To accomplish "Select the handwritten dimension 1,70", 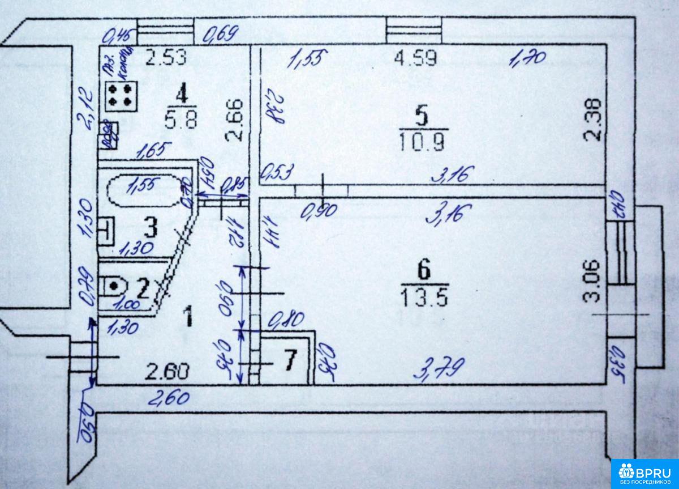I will tap(529, 58).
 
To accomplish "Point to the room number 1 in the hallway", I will tap(190, 316).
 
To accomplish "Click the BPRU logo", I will tap(644, 472).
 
